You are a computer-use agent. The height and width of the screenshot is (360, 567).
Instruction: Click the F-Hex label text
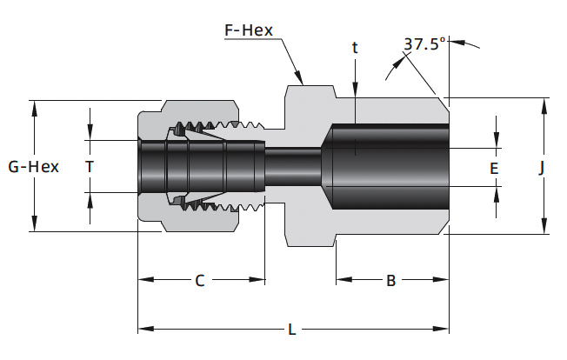(x=249, y=30)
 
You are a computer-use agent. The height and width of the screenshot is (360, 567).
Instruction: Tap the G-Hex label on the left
(x=34, y=167)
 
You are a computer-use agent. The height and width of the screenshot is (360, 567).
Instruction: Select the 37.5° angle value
(x=424, y=44)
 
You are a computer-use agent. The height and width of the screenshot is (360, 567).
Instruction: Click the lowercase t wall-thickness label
(x=355, y=47)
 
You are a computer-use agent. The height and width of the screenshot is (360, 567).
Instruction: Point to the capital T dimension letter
(x=90, y=167)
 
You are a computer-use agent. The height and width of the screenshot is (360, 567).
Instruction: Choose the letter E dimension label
(x=494, y=169)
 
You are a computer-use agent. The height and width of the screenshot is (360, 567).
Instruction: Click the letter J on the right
(x=541, y=168)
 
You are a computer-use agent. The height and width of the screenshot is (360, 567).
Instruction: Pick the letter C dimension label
(x=200, y=281)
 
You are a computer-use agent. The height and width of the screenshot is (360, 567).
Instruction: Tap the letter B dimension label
(x=390, y=281)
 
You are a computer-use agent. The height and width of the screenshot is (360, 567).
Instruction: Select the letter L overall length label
(x=292, y=330)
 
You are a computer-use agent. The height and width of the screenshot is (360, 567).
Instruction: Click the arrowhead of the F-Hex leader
(x=298, y=77)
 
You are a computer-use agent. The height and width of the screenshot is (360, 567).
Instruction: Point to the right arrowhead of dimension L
(x=441, y=329)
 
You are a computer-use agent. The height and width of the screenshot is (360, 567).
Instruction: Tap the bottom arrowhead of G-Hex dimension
(x=35, y=223)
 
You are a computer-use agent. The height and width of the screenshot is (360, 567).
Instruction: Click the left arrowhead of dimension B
(x=344, y=279)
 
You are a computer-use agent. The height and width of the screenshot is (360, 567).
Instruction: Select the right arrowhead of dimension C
(x=257, y=279)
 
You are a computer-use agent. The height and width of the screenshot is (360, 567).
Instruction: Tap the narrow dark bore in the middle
(x=293, y=167)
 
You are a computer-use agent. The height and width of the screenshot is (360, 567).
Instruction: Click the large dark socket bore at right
(x=386, y=167)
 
